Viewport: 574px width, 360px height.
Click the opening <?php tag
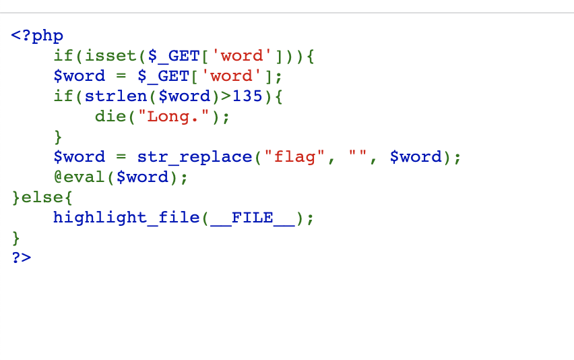click(37, 36)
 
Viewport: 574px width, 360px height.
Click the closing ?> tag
click(22, 258)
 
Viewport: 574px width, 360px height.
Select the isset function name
click(110, 56)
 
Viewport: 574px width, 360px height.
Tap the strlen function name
click(116, 96)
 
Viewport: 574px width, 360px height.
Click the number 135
click(247, 96)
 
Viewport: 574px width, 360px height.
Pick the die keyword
click(110, 116)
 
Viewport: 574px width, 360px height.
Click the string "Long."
click(174, 117)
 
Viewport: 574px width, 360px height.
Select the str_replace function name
click(195, 157)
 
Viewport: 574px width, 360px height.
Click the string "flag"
click(294, 157)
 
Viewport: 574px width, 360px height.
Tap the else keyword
click(42, 197)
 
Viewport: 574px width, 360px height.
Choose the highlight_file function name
click(126, 218)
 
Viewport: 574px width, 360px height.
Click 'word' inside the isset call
click(242, 56)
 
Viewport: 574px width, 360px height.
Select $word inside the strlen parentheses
click(184, 96)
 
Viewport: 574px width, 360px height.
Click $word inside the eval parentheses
click(142, 177)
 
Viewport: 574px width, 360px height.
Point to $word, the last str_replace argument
click(416, 157)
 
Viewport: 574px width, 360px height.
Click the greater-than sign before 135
click(226, 96)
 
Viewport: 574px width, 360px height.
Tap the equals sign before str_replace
click(121, 157)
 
